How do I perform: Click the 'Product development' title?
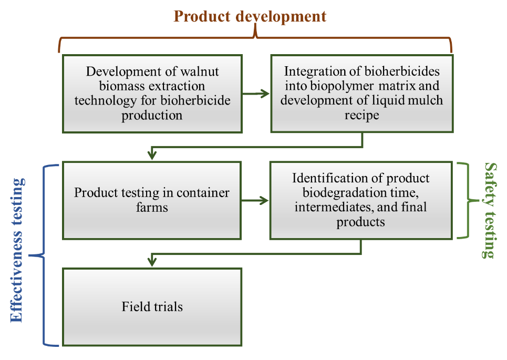250,16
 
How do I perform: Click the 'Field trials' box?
152,306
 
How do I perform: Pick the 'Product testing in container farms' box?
152,200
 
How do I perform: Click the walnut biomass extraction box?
152,94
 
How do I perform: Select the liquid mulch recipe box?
361,94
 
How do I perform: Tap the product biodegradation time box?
360,200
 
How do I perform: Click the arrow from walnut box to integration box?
256,94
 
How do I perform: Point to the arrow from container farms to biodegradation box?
256,200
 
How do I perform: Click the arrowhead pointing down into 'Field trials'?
152,261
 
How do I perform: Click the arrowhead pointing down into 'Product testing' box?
152,155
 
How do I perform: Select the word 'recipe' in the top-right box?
361,115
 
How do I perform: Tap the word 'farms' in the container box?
152,207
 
